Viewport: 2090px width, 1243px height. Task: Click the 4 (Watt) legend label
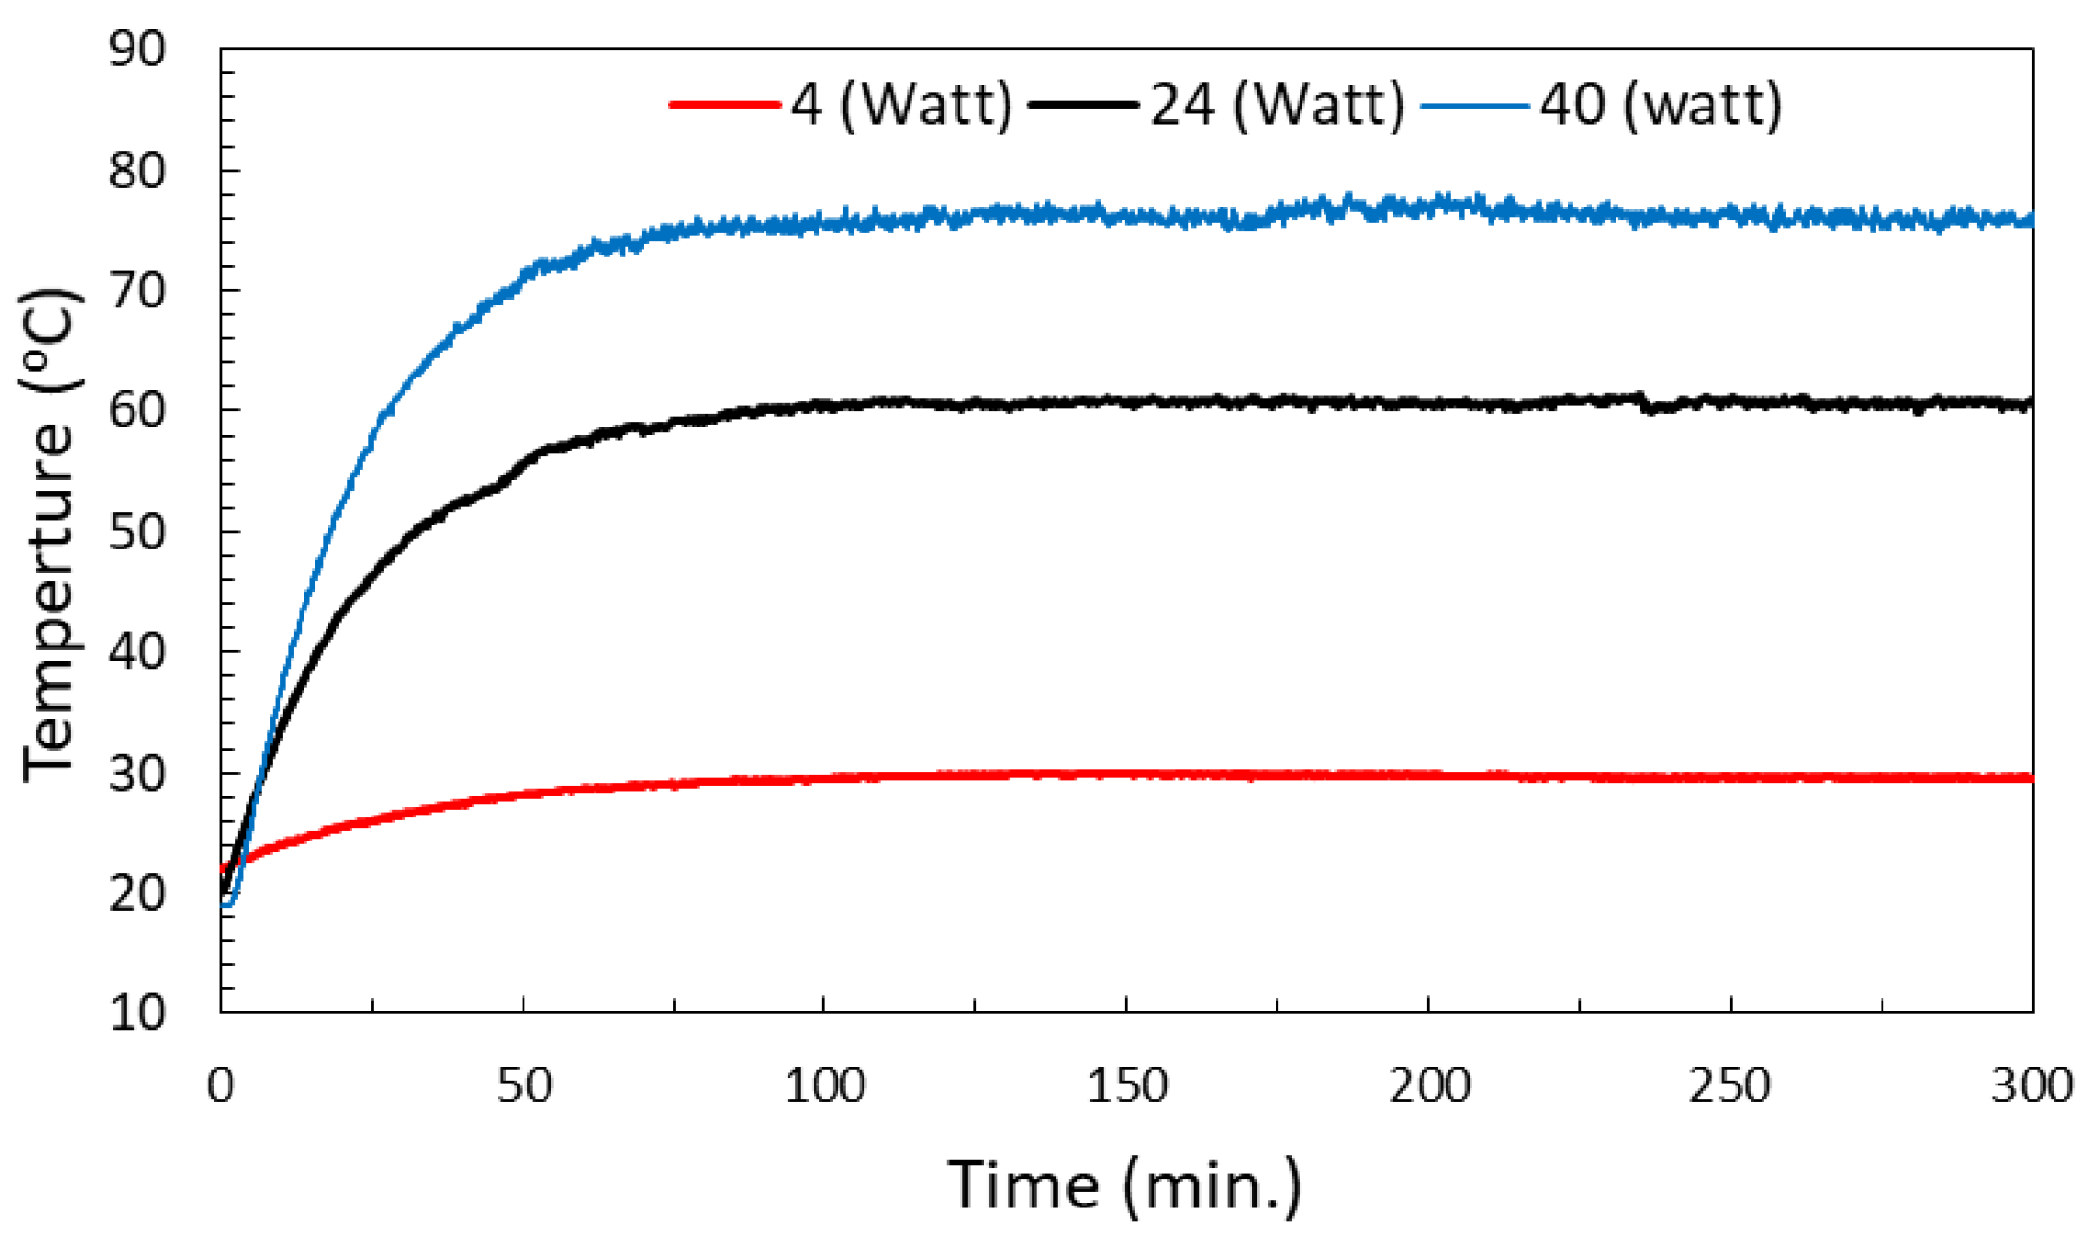pos(901,104)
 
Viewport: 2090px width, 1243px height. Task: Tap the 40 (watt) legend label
pos(1661,104)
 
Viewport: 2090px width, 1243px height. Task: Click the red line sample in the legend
pos(723,104)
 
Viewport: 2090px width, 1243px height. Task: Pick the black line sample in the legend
pos(1082,104)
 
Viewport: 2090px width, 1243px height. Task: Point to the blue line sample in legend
pos(1473,104)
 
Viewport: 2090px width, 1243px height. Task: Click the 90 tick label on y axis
pos(137,49)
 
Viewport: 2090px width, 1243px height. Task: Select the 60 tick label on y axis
pos(137,410)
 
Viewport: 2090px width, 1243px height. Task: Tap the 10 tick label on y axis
pos(137,1013)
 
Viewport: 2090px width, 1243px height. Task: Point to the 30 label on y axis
pos(137,773)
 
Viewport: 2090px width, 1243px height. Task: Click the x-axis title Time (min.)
pos(1125,1186)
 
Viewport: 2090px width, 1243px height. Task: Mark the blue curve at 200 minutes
pos(1428,205)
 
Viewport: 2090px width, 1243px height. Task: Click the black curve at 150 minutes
pos(1126,402)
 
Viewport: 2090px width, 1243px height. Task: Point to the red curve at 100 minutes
pos(824,778)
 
